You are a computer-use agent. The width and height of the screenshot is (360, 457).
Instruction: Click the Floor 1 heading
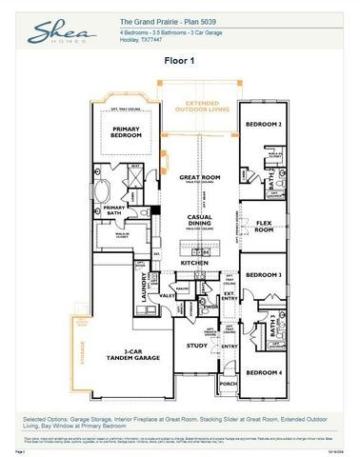point(179,59)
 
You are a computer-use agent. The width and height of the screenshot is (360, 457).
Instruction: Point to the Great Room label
point(199,178)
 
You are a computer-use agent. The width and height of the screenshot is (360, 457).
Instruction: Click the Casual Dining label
point(199,221)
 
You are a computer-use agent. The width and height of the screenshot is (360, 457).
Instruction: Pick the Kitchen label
point(194,262)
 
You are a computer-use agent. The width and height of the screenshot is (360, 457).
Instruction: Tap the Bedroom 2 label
point(263,125)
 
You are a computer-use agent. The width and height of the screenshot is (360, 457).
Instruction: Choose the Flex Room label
point(264,228)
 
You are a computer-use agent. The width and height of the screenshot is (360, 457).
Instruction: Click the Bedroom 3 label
point(263,274)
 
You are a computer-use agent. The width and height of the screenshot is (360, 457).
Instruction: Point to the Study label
point(196,346)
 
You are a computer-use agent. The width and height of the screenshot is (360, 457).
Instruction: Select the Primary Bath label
point(115,209)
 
